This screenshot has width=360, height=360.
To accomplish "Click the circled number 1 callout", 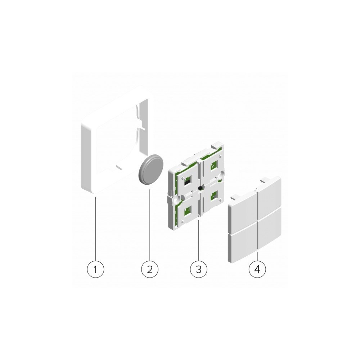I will point(95,269).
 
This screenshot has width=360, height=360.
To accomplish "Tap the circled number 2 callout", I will point(150,269).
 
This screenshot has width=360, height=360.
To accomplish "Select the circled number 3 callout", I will point(199,269).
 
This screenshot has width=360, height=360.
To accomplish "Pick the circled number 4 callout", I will point(257,269).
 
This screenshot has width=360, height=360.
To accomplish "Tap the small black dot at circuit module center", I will point(199,187).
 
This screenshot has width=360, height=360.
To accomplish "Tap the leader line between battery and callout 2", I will point(150,223).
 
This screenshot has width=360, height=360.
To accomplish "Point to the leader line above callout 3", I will point(199,241).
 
